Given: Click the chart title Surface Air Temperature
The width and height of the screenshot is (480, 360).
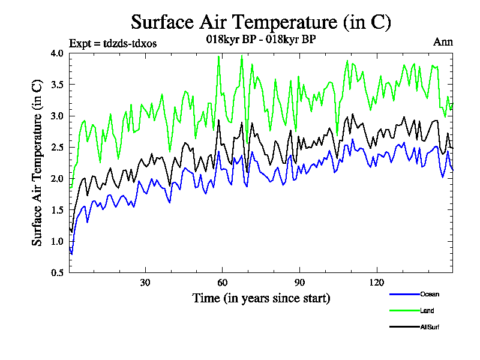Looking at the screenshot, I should point(261,22).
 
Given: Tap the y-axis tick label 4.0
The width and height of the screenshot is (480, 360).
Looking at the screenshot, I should point(57,53).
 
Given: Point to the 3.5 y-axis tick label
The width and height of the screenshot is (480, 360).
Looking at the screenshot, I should point(57,84).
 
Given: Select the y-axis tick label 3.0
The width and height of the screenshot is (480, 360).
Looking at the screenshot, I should point(57,116).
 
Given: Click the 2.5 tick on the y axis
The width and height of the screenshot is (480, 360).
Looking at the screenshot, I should point(57,147).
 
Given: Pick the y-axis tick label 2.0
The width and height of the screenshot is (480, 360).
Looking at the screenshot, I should point(57,178).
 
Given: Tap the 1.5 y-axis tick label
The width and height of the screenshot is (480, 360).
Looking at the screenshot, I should point(57,209).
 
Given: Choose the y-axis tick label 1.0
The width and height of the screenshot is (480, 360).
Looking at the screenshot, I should point(57,241).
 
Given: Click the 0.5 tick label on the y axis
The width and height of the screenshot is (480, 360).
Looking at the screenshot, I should point(57,272).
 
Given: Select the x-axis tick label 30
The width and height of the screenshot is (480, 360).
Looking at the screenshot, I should point(145,283).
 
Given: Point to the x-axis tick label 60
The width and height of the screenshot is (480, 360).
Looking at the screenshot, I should point(222,283).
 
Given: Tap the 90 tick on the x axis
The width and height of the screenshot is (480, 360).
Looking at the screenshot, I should point(299,283).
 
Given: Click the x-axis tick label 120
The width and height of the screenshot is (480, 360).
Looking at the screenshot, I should point(376,283).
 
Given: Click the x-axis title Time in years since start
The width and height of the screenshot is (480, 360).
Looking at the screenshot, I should point(261,298).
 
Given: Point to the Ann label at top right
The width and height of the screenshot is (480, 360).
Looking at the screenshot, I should point(443,42).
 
